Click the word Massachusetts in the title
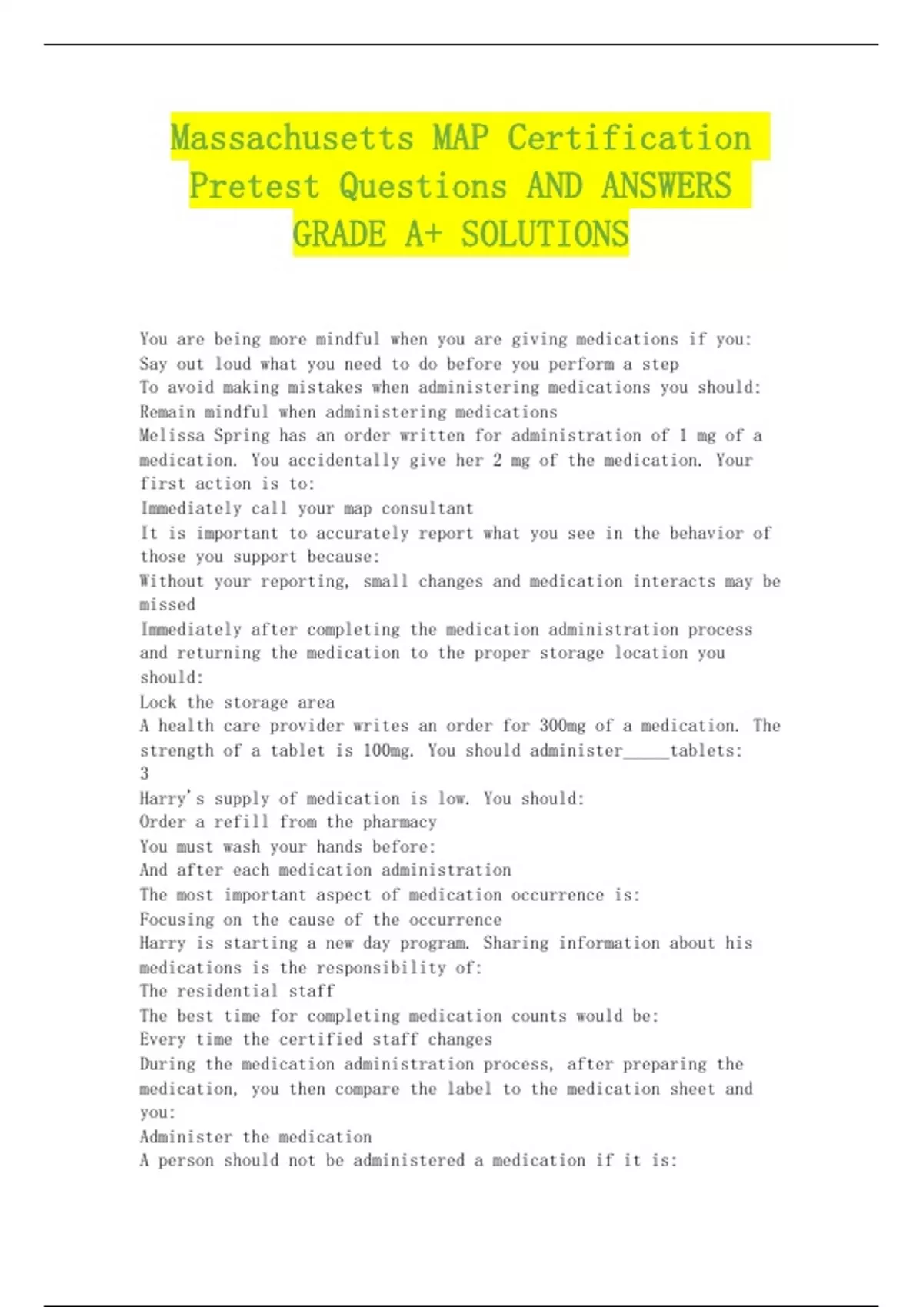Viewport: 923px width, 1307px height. pyautogui.click(x=292, y=138)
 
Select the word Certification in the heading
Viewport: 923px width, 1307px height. pyautogui.click(x=629, y=138)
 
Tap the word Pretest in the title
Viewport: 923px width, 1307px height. pyautogui.click(x=253, y=186)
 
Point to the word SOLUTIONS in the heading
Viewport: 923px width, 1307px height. pyautogui.click(x=545, y=234)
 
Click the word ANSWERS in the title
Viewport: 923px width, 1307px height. pyautogui.click(x=666, y=186)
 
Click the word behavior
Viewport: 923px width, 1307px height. pyautogui.click(x=698, y=534)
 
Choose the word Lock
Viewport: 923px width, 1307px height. pyautogui.click(x=158, y=703)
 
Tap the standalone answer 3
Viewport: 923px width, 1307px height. pyautogui.click(x=145, y=773)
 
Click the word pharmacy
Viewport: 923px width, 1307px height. pyautogui.click(x=400, y=822)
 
